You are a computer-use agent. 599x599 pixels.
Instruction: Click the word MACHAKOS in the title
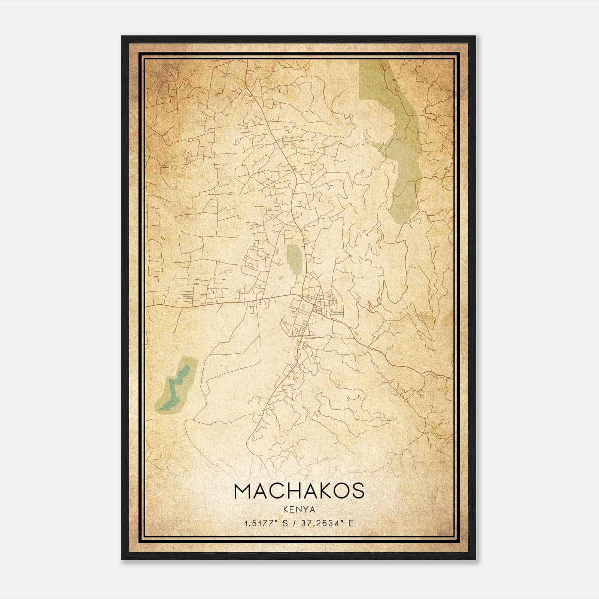(299, 491)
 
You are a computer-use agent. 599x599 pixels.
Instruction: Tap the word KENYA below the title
(299, 510)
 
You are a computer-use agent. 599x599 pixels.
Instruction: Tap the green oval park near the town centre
(294, 259)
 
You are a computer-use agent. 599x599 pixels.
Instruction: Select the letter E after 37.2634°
(351, 523)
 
